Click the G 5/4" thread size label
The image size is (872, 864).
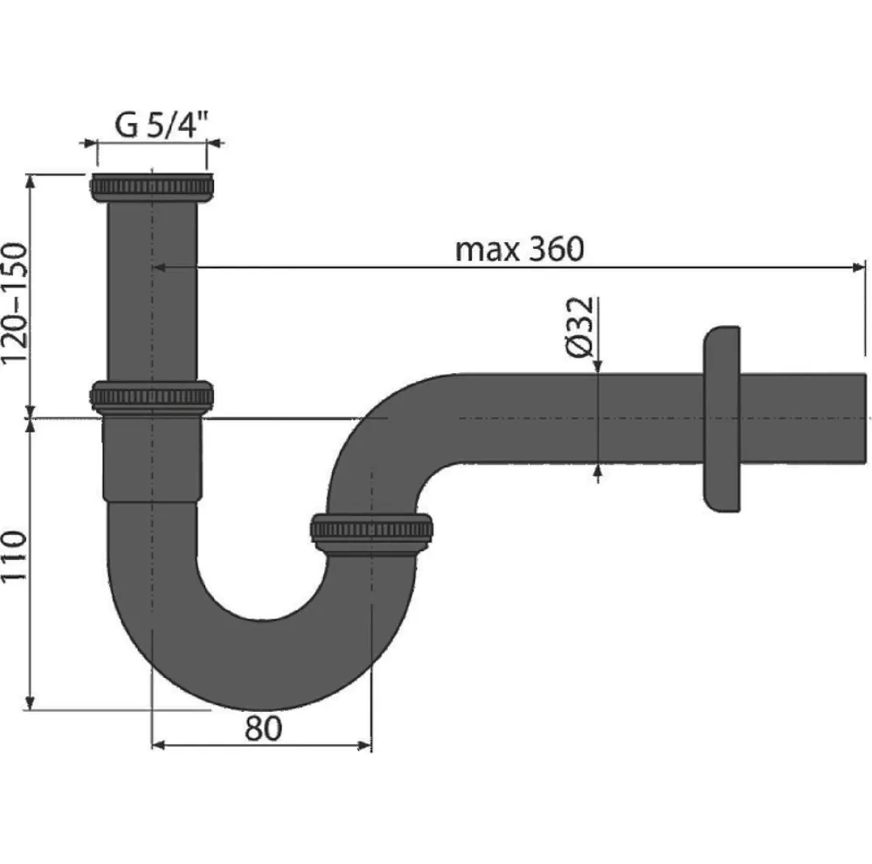click(162, 125)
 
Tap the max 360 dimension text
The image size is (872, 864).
click(519, 249)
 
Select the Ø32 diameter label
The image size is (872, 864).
click(579, 327)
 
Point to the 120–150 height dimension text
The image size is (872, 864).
click(14, 303)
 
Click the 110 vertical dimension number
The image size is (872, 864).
click(14, 556)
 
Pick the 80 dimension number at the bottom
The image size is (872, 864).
click(263, 728)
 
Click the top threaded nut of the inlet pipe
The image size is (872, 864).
click(151, 187)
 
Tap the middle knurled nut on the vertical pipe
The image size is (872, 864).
click(151, 397)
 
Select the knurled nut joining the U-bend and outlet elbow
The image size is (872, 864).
click(371, 534)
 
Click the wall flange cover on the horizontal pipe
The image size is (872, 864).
click(722, 418)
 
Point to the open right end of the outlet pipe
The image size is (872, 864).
click(864, 418)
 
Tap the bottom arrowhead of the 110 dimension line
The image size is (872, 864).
click(31, 702)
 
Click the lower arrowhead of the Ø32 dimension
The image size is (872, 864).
click(598, 472)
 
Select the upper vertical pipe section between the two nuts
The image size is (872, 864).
click(151, 292)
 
